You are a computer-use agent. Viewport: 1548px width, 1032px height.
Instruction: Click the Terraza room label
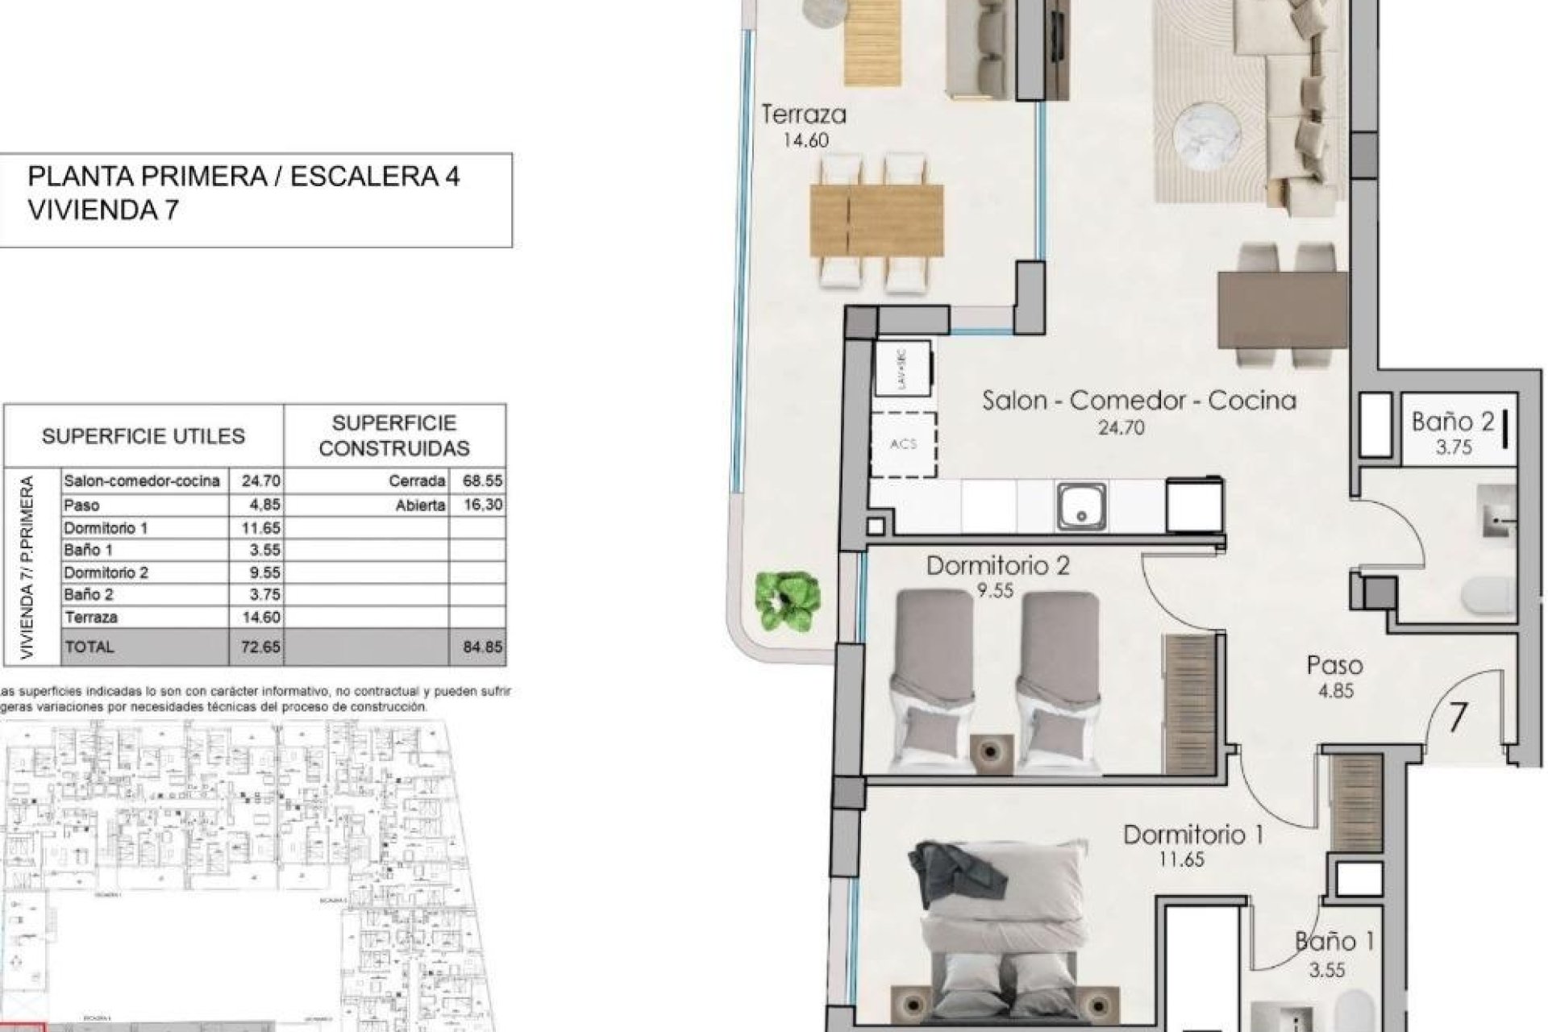(804, 114)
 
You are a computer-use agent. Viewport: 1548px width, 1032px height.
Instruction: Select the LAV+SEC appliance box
(904, 368)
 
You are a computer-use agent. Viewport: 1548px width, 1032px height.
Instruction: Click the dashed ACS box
(904, 443)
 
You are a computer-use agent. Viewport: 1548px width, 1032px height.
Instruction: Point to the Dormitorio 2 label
(997, 565)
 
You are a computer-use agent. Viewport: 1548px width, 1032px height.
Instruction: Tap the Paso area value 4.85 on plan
(1334, 691)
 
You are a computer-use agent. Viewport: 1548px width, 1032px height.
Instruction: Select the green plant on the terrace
(788, 601)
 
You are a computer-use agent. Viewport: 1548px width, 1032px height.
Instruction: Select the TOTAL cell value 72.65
(260, 647)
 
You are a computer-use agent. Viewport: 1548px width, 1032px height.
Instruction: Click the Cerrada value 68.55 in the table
(482, 481)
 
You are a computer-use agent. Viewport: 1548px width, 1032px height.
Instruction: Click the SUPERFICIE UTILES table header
(144, 436)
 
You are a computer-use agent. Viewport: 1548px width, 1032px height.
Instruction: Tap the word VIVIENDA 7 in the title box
(103, 210)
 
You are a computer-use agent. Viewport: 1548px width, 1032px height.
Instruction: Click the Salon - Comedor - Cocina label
(1138, 400)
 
